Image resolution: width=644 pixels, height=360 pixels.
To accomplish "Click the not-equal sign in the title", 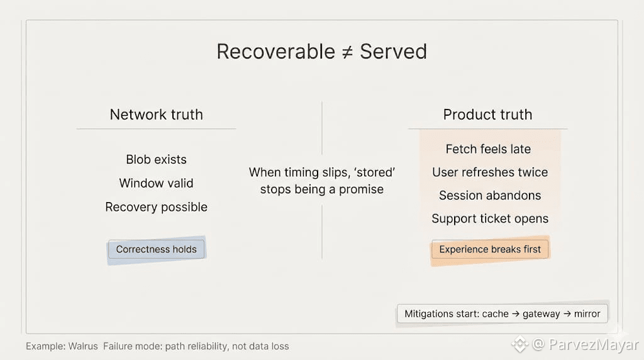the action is (x=346, y=52).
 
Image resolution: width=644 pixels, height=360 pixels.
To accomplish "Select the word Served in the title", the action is (x=393, y=52).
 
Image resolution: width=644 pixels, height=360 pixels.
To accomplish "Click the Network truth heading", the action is (x=156, y=115).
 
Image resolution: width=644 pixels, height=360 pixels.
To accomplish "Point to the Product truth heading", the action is (x=487, y=115).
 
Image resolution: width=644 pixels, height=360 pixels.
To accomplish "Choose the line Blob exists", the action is (x=156, y=159).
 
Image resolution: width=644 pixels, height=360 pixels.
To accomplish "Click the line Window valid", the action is (x=156, y=183).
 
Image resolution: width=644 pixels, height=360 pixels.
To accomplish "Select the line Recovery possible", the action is (x=156, y=207).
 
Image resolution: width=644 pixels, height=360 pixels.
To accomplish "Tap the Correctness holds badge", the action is (x=156, y=249).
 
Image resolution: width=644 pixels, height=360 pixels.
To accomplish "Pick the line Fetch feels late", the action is (x=488, y=149).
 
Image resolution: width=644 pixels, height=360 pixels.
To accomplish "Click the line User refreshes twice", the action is (x=490, y=172).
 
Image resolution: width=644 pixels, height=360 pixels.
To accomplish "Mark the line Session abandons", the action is (x=490, y=196).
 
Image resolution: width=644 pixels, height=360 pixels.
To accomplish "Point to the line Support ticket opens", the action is (x=490, y=219).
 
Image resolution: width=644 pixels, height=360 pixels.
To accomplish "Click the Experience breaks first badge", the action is (x=490, y=249).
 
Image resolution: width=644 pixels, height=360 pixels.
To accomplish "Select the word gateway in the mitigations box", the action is (x=541, y=313).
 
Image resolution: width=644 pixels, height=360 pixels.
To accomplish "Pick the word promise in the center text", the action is (x=361, y=189).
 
